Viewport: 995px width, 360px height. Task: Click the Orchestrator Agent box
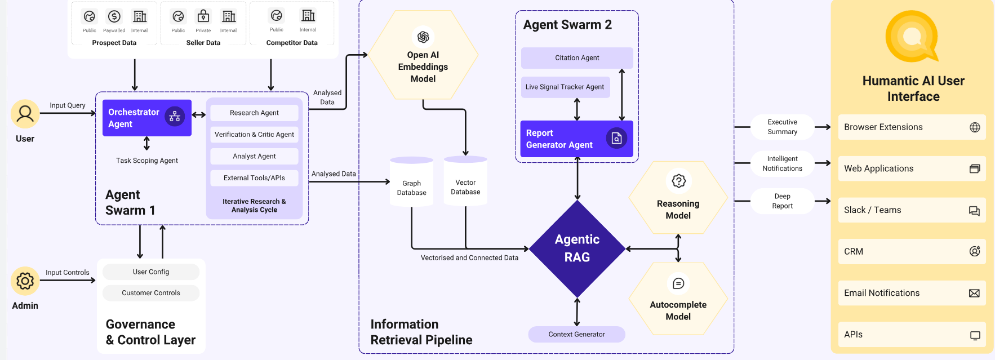tap(147, 118)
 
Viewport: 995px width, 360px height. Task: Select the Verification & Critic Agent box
tap(254, 135)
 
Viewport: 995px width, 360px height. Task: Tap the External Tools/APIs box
tap(254, 178)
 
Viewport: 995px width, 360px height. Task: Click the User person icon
tap(25, 114)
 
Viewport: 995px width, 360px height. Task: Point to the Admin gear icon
tap(25, 281)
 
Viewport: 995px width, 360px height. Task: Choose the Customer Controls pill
tap(151, 293)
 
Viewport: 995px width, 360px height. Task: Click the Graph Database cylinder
tap(412, 181)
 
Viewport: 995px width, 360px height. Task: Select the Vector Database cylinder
tap(465, 181)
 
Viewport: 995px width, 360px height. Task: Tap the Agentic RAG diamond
tap(578, 248)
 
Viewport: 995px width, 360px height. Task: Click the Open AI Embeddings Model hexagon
tap(423, 55)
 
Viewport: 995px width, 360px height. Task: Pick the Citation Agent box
tap(577, 58)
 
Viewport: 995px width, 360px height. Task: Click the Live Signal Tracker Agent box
tap(565, 87)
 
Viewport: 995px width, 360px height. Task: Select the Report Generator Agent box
tap(576, 139)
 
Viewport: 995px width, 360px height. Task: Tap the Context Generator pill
tap(576, 334)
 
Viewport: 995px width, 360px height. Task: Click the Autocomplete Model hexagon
tap(678, 299)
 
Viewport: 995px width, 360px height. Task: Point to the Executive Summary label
tap(782, 127)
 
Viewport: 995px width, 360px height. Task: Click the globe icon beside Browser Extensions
tap(975, 127)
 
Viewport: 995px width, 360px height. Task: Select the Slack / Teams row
tap(912, 210)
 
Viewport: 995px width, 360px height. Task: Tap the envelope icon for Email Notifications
tap(974, 293)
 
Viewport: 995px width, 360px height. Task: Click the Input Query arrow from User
tap(68, 113)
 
